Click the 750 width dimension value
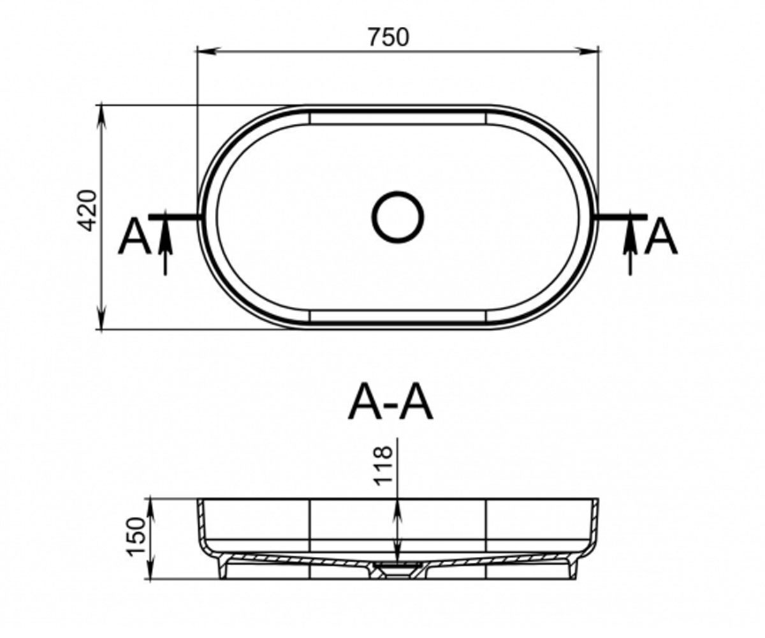click(388, 38)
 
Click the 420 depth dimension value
click(88, 211)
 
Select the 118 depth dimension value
click(383, 465)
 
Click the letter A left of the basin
click(135, 236)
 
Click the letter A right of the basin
click(660, 236)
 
